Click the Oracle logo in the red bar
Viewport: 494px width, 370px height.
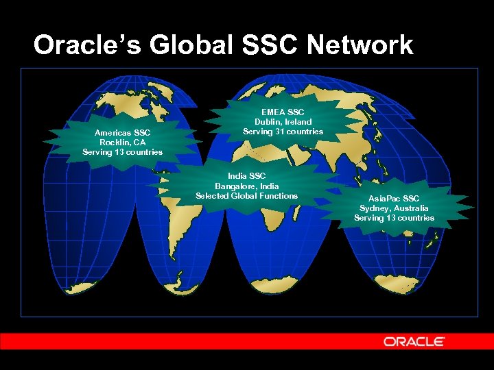pos(414,341)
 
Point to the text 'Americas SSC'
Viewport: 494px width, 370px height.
pos(122,132)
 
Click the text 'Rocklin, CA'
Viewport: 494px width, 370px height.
pos(122,142)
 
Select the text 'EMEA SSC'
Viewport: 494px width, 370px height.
pos(283,112)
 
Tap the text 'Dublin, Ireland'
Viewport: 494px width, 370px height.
pos(283,121)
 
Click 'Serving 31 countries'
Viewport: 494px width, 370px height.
pos(283,131)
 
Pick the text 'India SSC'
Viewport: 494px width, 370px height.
pos(246,176)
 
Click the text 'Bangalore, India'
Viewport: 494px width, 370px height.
pos(246,186)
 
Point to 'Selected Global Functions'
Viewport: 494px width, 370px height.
pos(246,195)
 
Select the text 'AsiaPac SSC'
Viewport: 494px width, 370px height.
pos(394,199)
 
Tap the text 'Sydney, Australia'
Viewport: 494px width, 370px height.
pos(394,208)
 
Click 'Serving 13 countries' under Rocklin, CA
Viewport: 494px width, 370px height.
pos(122,151)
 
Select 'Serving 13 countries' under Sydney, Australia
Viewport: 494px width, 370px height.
pos(394,218)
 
